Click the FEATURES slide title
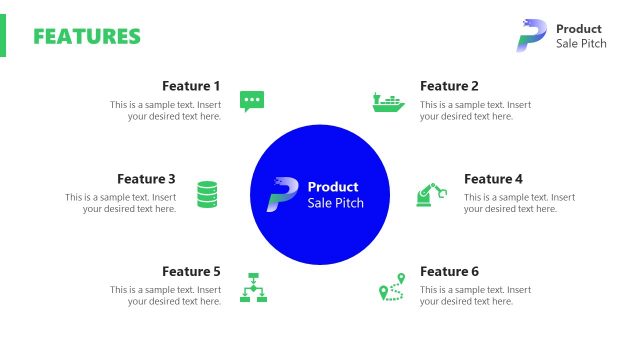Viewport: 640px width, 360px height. [x=87, y=37]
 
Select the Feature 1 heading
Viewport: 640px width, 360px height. [x=191, y=86]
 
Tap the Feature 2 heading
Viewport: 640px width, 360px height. [x=449, y=86]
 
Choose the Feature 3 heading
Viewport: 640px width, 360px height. [x=146, y=179]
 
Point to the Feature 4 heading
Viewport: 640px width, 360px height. [x=493, y=179]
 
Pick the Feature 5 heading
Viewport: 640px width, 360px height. [x=191, y=271]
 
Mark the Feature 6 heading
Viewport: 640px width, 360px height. [x=449, y=271]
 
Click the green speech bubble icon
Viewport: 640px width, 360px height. [x=252, y=100]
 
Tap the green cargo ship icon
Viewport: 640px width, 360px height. [x=388, y=101]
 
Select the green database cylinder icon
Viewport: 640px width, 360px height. [x=207, y=194]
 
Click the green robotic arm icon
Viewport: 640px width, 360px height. [x=432, y=194]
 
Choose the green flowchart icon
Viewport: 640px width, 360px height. [x=252, y=287]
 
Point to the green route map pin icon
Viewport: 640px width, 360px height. [x=390, y=287]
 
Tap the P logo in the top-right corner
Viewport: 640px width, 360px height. [x=531, y=35]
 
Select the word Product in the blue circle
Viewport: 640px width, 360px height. [x=333, y=187]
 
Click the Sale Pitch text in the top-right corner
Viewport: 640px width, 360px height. [x=581, y=44]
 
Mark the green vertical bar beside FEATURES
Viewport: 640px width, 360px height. [x=3, y=36]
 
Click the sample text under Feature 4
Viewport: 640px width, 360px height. [x=519, y=203]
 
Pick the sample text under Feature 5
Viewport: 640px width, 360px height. [x=166, y=296]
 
